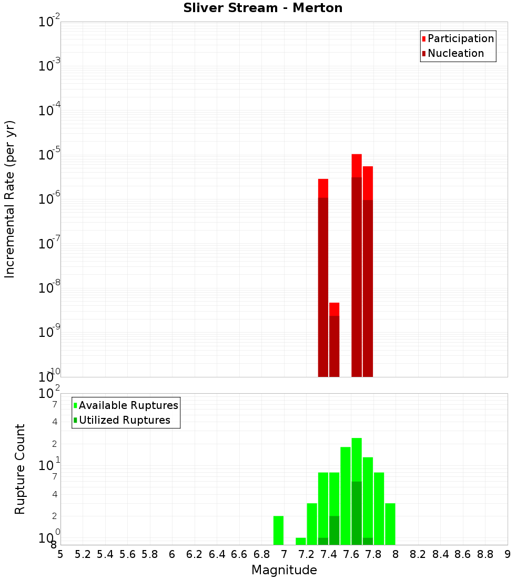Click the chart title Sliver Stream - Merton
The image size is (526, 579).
262,8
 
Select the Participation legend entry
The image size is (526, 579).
460,38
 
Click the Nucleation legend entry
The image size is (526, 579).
456,53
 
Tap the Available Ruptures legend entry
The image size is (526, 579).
128,405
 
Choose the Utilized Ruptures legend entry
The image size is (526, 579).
124,420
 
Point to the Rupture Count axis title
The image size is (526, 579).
20,469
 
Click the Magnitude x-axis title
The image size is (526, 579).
284,570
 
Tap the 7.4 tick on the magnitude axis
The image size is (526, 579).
329,554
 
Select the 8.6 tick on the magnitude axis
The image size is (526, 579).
463,554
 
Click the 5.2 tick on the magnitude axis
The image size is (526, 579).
83,554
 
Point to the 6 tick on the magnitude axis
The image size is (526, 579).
172,554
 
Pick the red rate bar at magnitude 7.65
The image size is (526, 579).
357,263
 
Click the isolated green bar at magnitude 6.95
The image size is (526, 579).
278,530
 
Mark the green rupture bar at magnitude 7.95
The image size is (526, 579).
390,524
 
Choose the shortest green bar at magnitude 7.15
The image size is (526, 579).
301,541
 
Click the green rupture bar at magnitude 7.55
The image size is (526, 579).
346,495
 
